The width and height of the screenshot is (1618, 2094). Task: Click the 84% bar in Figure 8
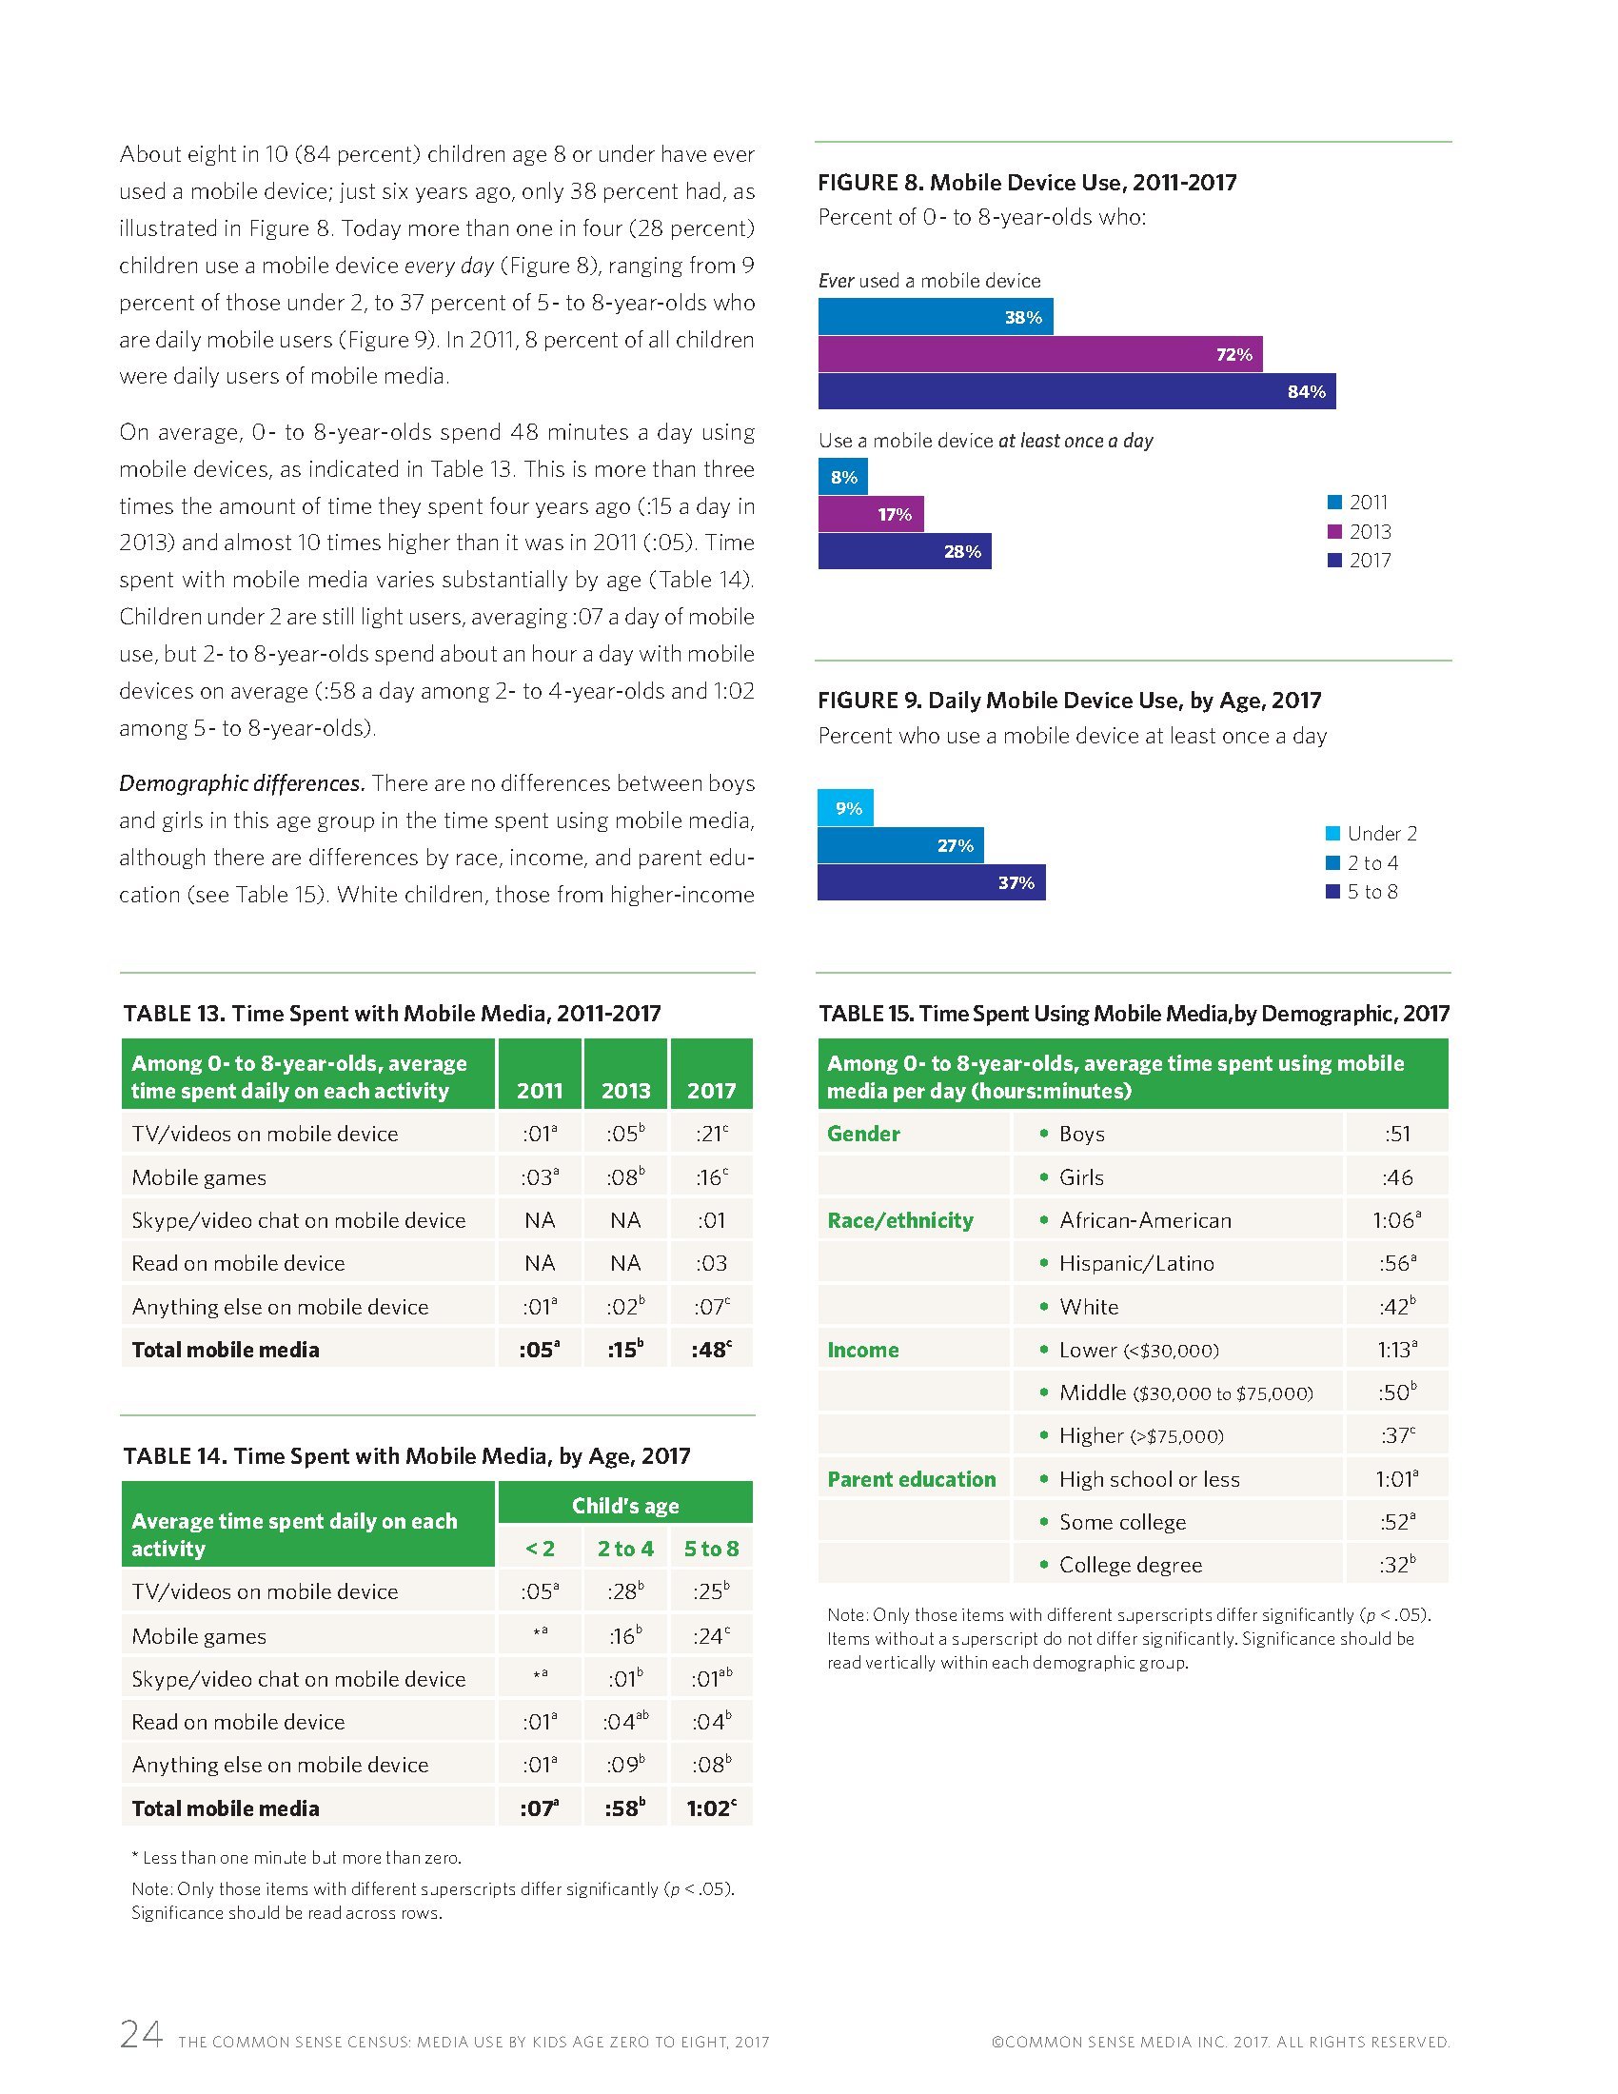[x=1075, y=391]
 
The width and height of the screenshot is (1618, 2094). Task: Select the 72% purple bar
[x=1039, y=354]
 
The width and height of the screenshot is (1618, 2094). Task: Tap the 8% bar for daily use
[x=842, y=477]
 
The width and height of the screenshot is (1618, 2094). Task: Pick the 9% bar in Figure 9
[x=844, y=807]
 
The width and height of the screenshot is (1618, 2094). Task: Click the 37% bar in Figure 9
[x=931, y=882]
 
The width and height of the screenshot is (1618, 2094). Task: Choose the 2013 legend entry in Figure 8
[x=1359, y=531]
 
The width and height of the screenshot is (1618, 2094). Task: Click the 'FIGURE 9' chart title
[x=1069, y=700]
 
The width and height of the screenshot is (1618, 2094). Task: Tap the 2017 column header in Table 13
[x=710, y=1090]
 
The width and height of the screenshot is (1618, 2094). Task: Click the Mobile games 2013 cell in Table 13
[x=625, y=1176]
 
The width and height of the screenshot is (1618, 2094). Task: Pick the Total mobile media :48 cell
[x=710, y=1349]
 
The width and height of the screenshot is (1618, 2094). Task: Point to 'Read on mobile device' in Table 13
[x=238, y=1263]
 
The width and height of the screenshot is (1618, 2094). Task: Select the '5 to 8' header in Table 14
[x=710, y=1549]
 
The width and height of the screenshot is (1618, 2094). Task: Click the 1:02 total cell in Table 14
[x=710, y=1808]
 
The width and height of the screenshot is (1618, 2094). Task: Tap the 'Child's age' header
[x=625, y=1506]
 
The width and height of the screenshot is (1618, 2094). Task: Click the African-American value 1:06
[x=1395, y=1219]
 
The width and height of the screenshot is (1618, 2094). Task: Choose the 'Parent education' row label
[x=911, y=1478]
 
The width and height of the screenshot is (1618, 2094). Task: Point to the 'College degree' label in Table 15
[x=1130, y=1565]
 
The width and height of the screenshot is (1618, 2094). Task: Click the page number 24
[x=141, y=2034]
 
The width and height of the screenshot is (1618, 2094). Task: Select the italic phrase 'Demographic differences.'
[x=242, y=783]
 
